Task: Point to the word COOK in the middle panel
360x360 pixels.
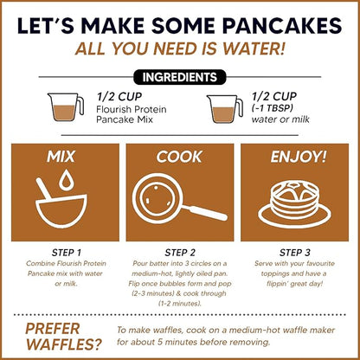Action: [179, 159]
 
